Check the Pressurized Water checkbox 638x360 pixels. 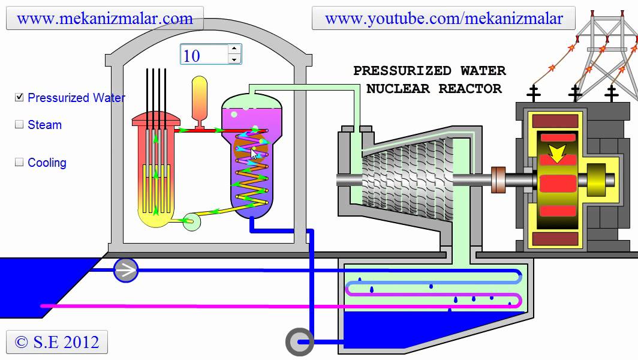(x=19, y=97)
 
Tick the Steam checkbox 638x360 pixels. (x=19, y=125)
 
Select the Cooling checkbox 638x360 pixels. (x=19, y=162)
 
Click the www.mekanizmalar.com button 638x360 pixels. (x=105, y=19)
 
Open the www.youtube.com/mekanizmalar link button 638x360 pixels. (x=444, y=19)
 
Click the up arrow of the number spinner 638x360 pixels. (x=234, y=49)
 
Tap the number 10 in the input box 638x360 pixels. (x=192, y=56)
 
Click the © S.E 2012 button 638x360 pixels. (x=57, y=342)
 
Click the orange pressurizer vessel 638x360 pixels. (x=199, y=99)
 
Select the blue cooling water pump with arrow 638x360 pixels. (x=126, y=271)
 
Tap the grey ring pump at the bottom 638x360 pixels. (x=298, y=342)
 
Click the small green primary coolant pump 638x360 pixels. (x=191, y=222)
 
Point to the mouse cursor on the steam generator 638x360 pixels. (x=255, y=154)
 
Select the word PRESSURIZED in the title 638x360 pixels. (x=402, y=71)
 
